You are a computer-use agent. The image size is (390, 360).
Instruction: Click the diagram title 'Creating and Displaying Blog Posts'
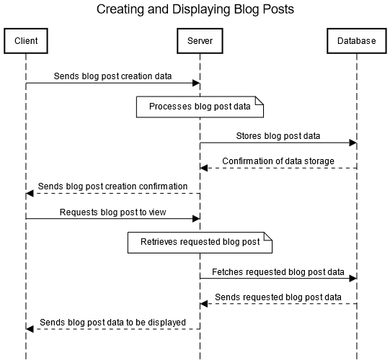(195, 9)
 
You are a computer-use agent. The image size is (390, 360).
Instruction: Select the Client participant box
(26, 41)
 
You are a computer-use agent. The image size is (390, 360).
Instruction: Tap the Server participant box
(200, 41)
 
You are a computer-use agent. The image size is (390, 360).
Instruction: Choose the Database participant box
(356, 41)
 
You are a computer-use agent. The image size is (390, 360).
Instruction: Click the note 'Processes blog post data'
(200, 107)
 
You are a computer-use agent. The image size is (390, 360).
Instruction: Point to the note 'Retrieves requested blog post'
(200, 243)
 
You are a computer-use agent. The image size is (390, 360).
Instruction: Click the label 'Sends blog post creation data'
(112, 76)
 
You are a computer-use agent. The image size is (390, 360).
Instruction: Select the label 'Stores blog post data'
(278, 135)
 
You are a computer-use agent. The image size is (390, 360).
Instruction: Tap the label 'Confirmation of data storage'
(278, 161)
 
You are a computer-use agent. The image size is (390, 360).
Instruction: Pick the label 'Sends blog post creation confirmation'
(112, 186)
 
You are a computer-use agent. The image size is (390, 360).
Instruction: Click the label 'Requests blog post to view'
(112, 212)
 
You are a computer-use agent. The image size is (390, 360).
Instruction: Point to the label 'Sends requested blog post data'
(278, 297)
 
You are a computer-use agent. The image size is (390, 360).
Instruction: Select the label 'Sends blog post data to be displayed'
(112, 322)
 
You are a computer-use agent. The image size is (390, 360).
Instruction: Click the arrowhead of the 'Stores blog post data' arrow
(353, 143)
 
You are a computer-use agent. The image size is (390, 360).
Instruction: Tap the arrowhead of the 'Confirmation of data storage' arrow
(204, 168)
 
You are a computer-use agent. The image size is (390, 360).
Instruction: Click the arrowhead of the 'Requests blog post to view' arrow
(196, 219)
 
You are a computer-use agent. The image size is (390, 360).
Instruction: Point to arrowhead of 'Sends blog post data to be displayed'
(30, 329)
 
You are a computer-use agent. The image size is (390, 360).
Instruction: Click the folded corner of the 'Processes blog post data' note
(260, 102)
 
